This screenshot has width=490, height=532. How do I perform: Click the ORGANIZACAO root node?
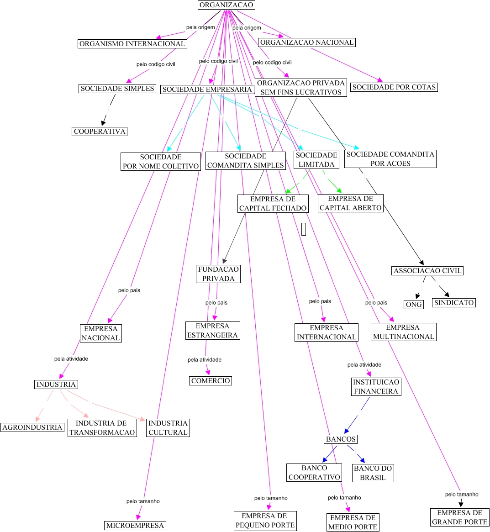coord(226,5)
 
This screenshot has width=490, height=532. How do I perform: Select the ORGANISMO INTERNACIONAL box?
coord(132,44)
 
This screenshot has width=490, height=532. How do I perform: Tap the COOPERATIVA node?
coord(100,132)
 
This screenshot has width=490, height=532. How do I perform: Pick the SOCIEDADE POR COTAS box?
coord(394,87)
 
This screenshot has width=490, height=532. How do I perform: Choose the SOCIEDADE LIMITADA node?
coord(316,160)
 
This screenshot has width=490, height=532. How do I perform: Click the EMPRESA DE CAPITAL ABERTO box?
coord(350,203)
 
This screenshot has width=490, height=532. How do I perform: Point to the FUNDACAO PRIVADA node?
coord(218,274)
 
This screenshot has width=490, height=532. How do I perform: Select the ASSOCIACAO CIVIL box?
coord(427,271)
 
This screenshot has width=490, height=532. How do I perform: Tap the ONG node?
coord(414,305)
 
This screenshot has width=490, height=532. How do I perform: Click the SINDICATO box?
coord(453,303)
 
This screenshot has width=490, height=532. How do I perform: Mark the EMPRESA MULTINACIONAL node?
coord(403,332)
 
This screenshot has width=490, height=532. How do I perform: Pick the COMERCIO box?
coord(211,381)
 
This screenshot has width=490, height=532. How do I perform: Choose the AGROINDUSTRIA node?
coord(32,427)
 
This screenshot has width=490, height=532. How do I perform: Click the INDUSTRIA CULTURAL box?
coord(168,428)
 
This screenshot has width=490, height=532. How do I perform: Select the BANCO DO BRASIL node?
coord(373,473)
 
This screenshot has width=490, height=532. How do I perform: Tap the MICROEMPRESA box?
coord(135,526)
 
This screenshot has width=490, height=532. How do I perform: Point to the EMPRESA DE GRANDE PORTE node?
coord(459,517)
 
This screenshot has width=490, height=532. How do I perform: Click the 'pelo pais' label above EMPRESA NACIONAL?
coord(129,290)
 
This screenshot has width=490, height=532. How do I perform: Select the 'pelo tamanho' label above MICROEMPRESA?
coord(143,501)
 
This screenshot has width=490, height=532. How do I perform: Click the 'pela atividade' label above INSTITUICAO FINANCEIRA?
coord(364,365)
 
